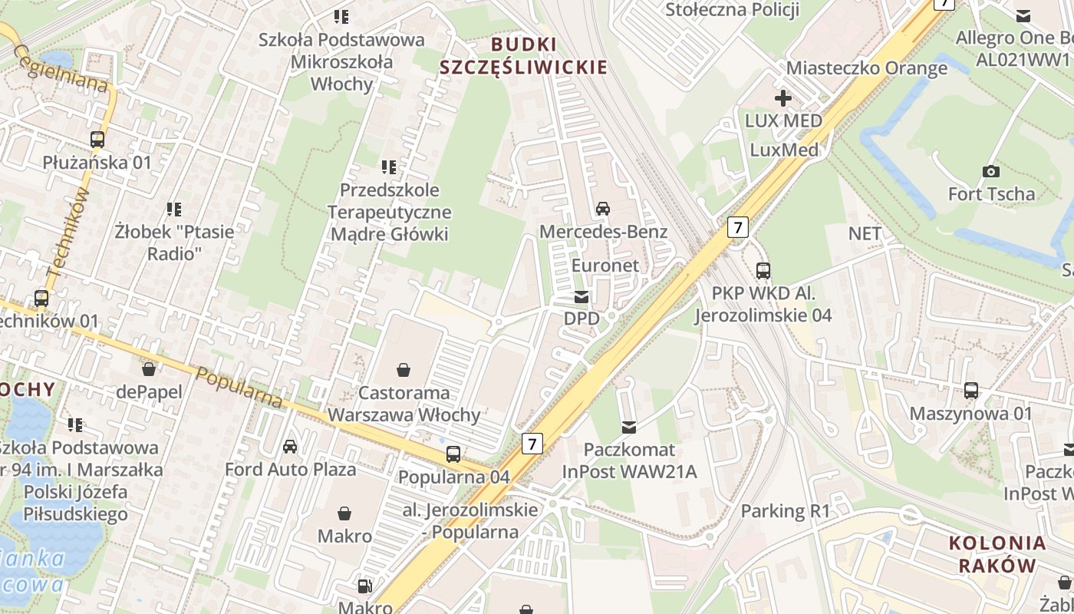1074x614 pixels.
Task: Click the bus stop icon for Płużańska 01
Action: tap(97, 140)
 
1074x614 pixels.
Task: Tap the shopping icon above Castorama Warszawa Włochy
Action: tap(404, 370)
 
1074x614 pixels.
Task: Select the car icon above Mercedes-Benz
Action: tap(603, 208)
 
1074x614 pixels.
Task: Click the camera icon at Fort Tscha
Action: tap(991, 171)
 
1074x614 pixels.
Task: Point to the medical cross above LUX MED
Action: tap(783, 98)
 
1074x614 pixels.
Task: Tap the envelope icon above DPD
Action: tap(582, 296)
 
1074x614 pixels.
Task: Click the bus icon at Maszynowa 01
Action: tap(971, 391)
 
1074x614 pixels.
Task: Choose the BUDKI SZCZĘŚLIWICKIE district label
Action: tap(523, 55)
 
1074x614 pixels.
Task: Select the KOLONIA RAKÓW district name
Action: tap(997, 554)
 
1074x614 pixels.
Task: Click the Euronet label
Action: tap(605, 265)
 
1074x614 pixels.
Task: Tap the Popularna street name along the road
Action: tap(239, 388)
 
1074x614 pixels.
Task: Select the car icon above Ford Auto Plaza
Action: tap(290, 446)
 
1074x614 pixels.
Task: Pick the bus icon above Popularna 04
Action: tap(453, 454)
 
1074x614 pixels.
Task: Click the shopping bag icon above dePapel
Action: tap(149, 369)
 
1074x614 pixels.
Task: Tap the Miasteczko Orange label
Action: tap(867, 68)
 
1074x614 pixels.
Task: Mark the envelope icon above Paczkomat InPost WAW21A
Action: tap(629, 427)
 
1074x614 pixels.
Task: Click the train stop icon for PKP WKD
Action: tap(763, 270)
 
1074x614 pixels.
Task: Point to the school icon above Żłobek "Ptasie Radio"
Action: tap(174, 209)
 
